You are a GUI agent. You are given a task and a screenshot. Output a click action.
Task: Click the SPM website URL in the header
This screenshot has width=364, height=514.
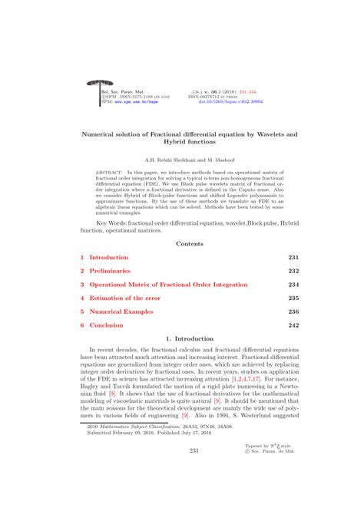(x=135, y=100)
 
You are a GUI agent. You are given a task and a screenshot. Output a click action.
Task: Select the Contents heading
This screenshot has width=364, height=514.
(x=189, y=243)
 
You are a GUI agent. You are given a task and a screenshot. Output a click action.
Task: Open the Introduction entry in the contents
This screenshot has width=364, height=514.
(x=108, y=257)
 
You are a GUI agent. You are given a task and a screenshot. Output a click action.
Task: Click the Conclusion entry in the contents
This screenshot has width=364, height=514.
(x=107, y=326)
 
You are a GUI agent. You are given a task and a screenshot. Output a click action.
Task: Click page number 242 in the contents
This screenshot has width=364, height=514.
(x=293, y=326)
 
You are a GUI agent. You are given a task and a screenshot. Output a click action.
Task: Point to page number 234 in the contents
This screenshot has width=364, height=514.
(x=293, y=285)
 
